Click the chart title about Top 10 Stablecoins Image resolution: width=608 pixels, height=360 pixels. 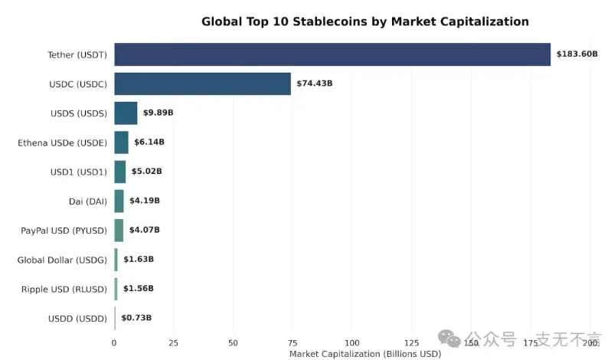pos(364,21)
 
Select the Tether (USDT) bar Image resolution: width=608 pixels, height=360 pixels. pos(332,54)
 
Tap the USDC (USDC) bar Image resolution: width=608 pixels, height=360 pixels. pos(202,83)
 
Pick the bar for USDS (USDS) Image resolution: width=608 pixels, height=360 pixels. pos(126,113)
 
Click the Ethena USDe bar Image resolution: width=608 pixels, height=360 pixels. pos(121,142)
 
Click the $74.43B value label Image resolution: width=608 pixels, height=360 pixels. pos(314,83)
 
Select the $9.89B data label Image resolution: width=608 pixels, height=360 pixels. pos(158,113)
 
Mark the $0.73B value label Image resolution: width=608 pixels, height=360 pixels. pos(136,318)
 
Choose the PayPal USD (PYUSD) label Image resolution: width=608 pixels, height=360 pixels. pos(64,231)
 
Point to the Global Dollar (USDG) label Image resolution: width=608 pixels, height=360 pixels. pos(62,260)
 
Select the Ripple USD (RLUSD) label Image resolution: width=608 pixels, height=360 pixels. pos(64,290)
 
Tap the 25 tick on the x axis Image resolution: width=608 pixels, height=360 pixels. pos(174,342)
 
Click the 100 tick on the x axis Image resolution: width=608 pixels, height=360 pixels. pos(352,342)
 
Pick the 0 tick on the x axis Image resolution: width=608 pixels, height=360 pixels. pos(114,342)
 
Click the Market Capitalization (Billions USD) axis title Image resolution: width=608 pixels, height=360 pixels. pos(364,354)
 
